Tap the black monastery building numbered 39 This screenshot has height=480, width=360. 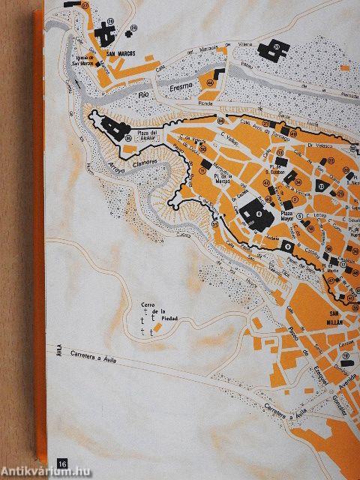269,50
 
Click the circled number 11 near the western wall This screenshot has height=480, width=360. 202,170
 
